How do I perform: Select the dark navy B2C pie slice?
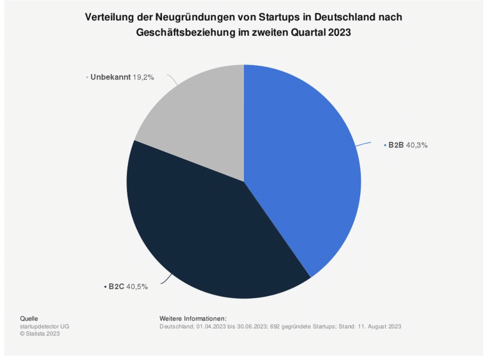click(206, 233)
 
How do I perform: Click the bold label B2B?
click(396, 145)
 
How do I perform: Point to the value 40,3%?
click(417, 145)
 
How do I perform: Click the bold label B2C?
click(117, 287)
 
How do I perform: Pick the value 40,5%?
click(137, 287)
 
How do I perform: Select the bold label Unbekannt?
click(110, 78)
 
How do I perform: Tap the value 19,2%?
click(143, 78)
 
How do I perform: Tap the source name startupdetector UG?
click(44, 326)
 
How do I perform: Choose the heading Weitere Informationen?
click(193, 318)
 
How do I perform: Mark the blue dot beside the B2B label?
click(385, 146)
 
